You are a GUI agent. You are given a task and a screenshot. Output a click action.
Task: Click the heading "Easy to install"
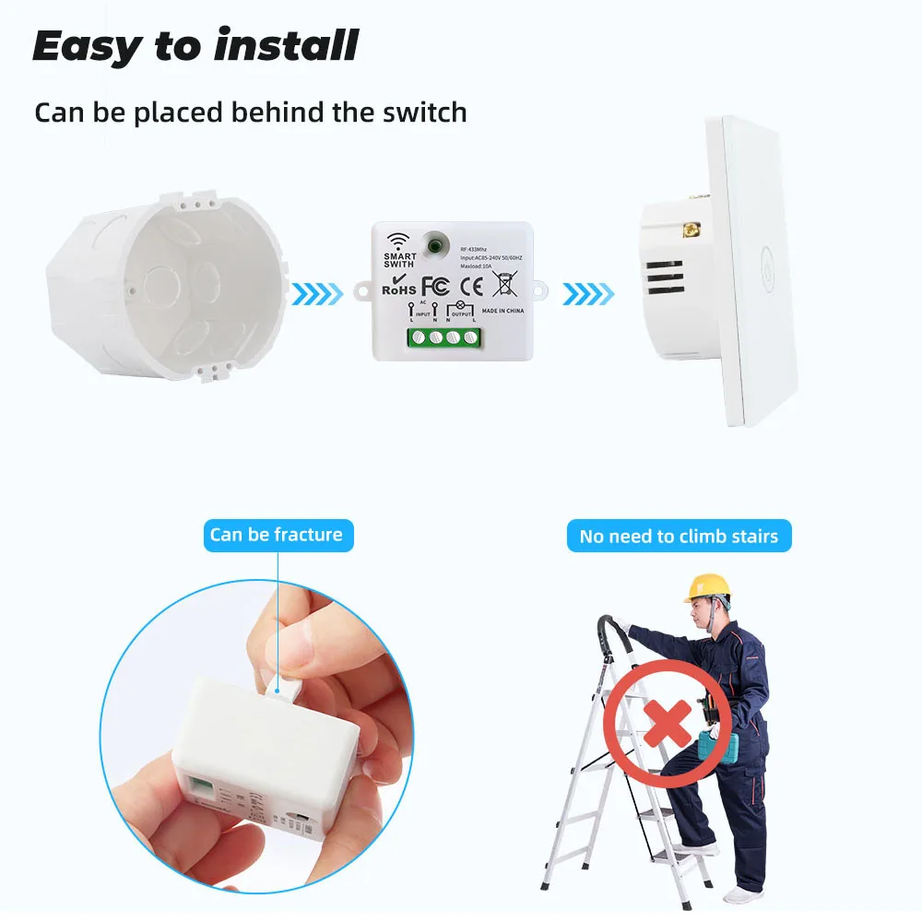coord(195,46)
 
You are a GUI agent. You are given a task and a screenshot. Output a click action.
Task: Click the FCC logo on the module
coord(434,285)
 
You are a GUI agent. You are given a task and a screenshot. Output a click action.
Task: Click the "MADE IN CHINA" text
coord(502,311)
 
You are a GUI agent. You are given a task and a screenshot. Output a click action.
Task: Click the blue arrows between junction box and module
coord(317,295)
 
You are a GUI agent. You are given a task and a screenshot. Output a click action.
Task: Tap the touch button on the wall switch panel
coord(765,255)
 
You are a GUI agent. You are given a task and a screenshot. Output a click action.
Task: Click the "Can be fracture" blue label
coord(276,535)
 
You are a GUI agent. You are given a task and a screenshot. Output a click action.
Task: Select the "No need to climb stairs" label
coord(679,536)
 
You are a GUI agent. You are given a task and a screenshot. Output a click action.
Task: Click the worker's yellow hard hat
coord(707,587)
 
